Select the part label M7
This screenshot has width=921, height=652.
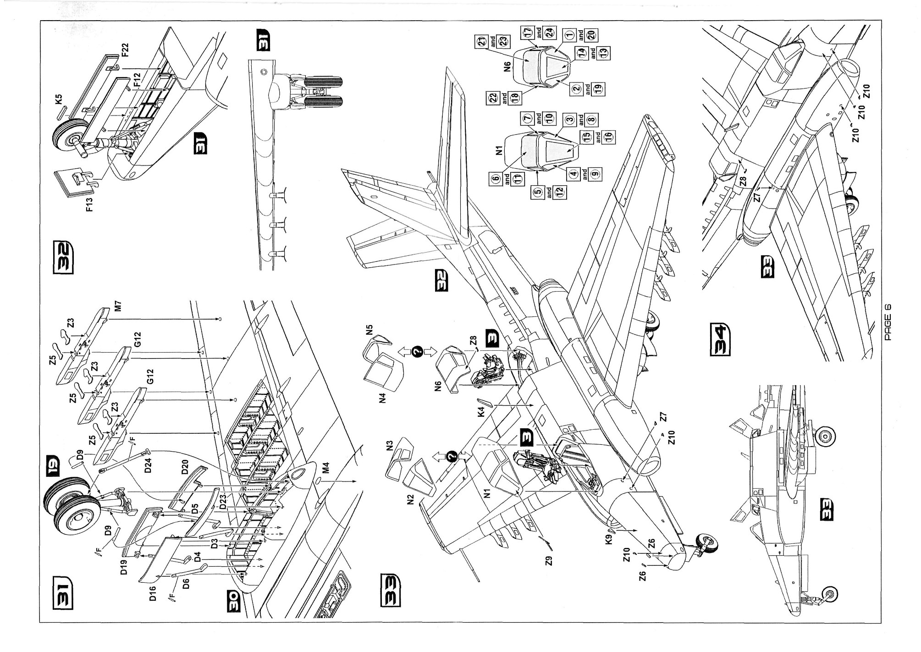tap(118, 305)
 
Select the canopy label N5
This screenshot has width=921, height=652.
tap(370, 331)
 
